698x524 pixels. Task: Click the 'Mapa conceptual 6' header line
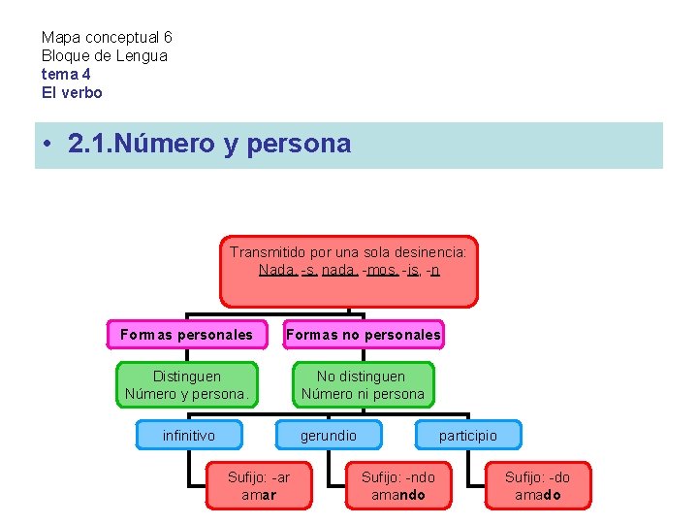pos(107,38)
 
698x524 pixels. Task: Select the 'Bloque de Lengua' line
pos(104,56)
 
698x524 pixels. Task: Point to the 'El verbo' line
pos(71,92)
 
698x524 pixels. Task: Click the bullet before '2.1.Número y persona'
pos(48,146)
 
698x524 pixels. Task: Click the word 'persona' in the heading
pos(299,145)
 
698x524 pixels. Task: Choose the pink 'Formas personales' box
pos(186,335)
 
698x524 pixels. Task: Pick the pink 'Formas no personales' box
pos(363,335)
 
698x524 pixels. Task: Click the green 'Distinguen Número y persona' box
pos(187,384)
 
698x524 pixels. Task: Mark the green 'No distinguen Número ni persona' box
pos(363,384)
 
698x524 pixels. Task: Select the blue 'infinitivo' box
pos(189,436)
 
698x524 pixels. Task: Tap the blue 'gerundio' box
pos(328,436)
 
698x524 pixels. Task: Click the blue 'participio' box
pos(467,436)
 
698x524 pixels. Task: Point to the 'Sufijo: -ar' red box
pos(259,485)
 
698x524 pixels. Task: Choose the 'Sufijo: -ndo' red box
pos(397,485)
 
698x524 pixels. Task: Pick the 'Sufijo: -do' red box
pos(537,485)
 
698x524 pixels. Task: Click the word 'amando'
pos(397,496)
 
